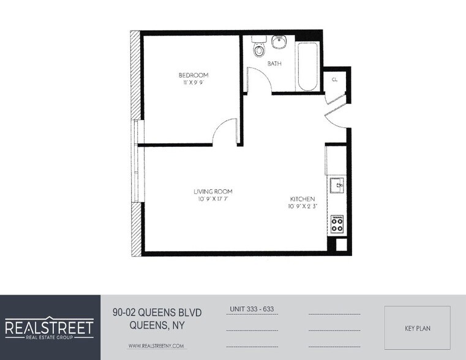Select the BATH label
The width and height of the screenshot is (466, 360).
coord(274,63)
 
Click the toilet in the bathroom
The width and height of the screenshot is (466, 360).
coord(258,48)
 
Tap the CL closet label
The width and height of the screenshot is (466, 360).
coord(335,80)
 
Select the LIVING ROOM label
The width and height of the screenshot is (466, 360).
coord(212,192)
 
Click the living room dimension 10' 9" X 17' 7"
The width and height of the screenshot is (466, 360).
coord(212,199)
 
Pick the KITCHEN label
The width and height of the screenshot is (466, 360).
coord(303,199)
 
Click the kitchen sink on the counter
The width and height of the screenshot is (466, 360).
coord(337,184)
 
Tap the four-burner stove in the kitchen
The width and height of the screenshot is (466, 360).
coord(337,224)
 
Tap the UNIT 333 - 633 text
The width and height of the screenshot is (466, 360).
coord(251,309)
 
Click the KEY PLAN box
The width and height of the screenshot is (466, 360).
coord(418,328)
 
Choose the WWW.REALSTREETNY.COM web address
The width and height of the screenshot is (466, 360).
coord(156,346)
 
